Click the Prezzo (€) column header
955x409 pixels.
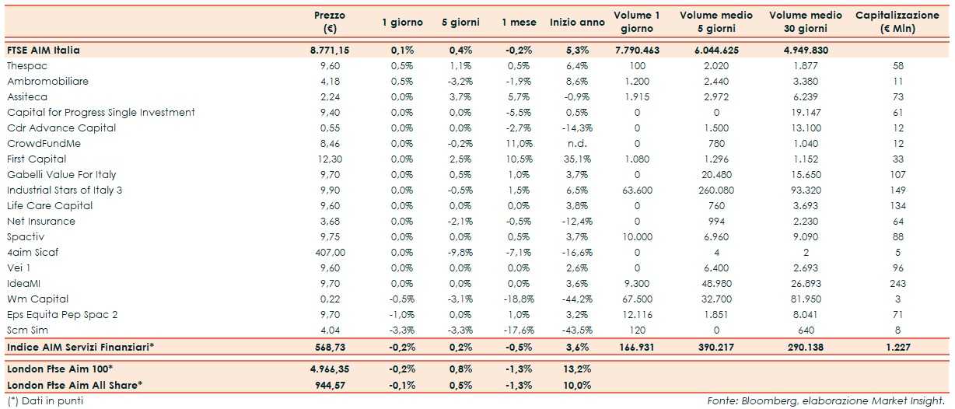pyautogui.click(x=330, y=22)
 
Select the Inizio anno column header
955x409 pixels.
pyautogui.click(x=577, y=23)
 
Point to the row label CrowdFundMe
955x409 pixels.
pyautogui.click(x=44, y=144)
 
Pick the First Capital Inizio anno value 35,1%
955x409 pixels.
pyautogui.click(x=577, y=159)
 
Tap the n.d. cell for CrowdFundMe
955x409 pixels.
pyautogui.click(x=577, y=144)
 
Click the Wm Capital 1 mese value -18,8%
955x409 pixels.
pyautogui.click(x=517, y=299)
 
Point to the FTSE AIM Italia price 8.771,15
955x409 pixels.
pyautogui.click(x=330, y=50)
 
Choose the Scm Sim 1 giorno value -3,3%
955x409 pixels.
pyautogui.click(x=402, y=330)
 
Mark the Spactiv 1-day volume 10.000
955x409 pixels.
pyautogui.click(x=636, y=237)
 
